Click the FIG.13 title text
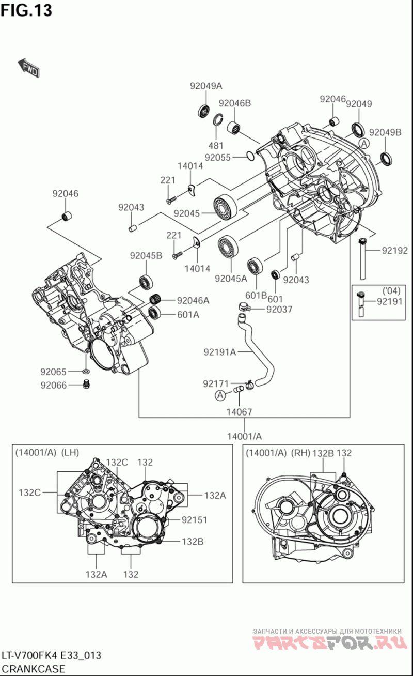click(x=26, y=10)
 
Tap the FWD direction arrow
click(x=28, y=68)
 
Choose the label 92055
click(x=217, y=157)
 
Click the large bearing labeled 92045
click(x=225, y=207)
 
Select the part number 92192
click(x=395, y=251)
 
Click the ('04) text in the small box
click(x=391, y=290)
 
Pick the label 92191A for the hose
click(x=219, y=352)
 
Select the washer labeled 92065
click(x=85, y=372)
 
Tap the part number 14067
click(x=239, y=412)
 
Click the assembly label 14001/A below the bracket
click(x=244, y=436)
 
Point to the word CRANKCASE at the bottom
click(x=33, y=669)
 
